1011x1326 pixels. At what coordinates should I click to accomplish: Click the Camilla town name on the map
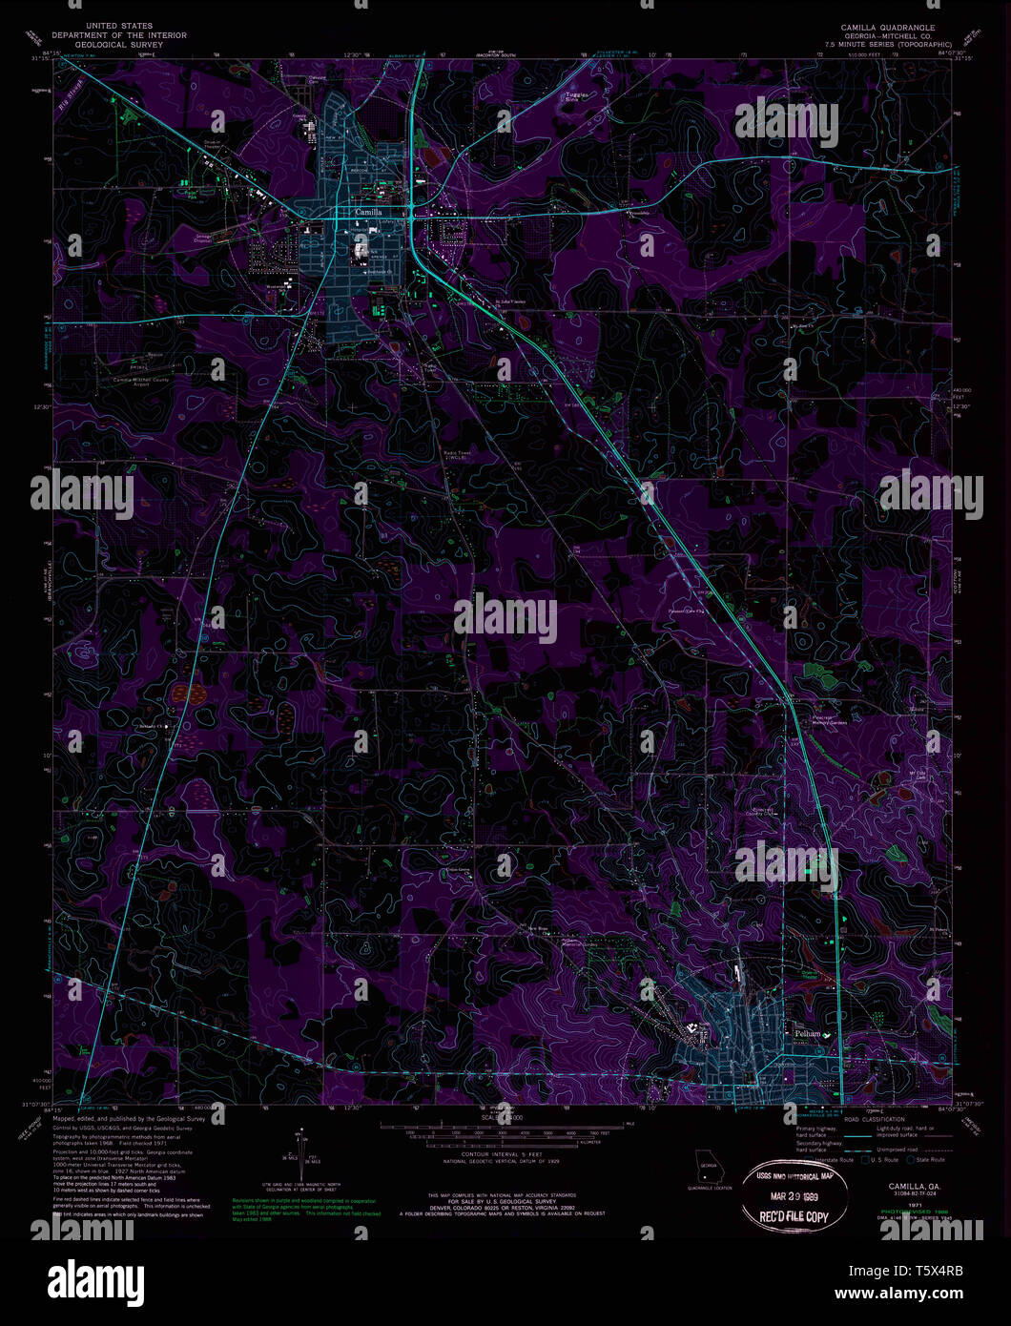(x=368, y=212)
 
